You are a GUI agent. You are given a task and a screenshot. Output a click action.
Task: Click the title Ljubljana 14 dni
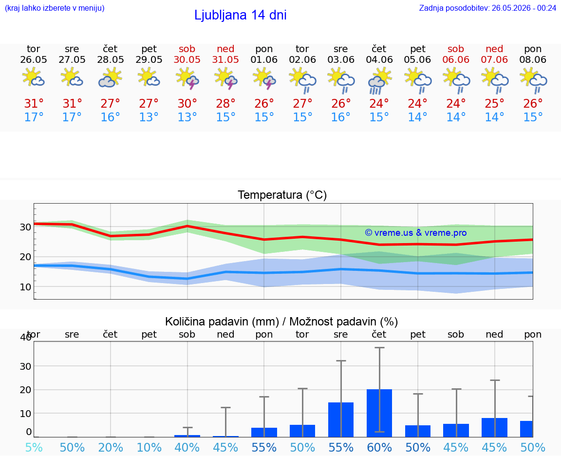[241, 15]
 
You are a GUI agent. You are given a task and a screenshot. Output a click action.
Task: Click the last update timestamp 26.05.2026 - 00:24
[524, 8]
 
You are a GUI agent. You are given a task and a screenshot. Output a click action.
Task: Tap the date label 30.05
[187, 59]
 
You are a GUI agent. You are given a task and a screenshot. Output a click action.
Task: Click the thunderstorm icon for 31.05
[225, 79]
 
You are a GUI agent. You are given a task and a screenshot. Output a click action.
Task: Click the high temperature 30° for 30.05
[187, 103]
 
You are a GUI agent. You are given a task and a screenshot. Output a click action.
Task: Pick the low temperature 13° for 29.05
[149, 117]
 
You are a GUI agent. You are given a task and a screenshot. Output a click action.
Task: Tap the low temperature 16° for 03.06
[340, 117]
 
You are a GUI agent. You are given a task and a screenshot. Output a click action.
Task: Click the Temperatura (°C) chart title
[282, 195]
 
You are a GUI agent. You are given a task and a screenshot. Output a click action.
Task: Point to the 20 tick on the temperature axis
[25, 257]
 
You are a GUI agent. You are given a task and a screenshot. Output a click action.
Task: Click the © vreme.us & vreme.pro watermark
[416, 233]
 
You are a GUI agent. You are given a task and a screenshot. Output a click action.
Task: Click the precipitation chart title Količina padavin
[222, 322]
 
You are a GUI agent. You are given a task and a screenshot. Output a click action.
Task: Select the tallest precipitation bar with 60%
[379, 413]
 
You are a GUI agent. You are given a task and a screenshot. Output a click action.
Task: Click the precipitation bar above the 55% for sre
[341, 419]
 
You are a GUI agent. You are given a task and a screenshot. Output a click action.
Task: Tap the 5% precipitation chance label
[34, 447]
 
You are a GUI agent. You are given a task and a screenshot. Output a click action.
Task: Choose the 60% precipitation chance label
[379, 447]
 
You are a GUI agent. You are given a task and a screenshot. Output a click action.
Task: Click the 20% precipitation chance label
[110, 447]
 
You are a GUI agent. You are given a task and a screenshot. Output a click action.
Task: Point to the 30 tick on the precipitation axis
[25, 366]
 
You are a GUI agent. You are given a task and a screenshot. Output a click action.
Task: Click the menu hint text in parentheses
[55, 8]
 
